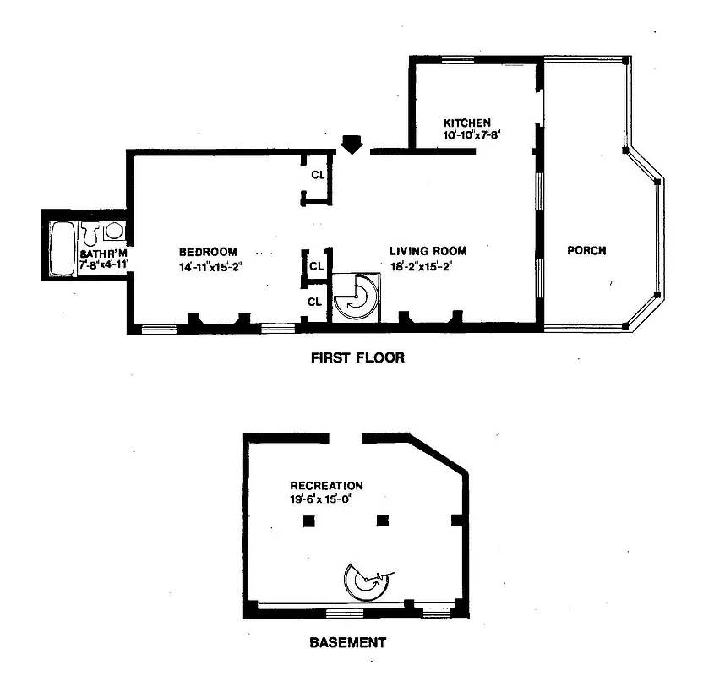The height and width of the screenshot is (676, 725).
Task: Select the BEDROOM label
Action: click(x=208, y=252)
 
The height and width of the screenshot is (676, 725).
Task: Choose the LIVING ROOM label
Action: click(x=428, y=251)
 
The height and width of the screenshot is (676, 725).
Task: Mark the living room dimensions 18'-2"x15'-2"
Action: click(x=428, y=267)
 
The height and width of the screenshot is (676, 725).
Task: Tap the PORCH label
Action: click(x=586, y=251)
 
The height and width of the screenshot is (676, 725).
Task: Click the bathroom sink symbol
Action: click(x=113, y=232)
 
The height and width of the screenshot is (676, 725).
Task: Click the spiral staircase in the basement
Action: click(x=367, y=581)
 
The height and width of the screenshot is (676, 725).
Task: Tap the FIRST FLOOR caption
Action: click(x=357, y=357)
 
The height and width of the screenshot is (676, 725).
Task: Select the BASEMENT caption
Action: click(x=346, y=642)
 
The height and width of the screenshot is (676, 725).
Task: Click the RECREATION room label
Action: click(x=326, y=486)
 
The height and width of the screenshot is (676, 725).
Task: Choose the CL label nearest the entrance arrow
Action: click(x=317, y=177)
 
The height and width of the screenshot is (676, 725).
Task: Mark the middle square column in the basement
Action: click(x=383, y=521)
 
